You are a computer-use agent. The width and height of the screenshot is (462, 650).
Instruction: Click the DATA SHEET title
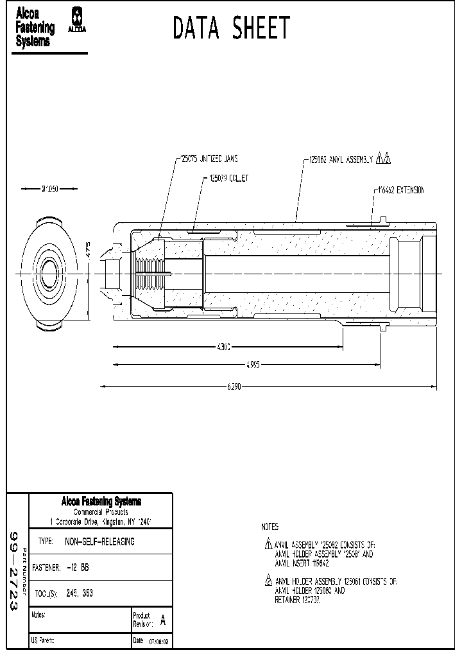232,29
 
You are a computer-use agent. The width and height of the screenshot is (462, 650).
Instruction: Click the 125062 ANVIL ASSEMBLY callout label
341,161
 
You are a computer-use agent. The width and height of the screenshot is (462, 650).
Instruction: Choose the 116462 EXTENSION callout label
399,191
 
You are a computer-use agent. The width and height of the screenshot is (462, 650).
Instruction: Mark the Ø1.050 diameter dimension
49,189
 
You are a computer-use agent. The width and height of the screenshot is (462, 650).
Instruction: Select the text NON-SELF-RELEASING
100,541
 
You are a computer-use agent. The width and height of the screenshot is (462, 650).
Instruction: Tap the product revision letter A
162,620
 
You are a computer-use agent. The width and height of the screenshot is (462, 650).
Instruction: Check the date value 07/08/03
159,642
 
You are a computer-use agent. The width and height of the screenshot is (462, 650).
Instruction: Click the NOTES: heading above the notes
270,525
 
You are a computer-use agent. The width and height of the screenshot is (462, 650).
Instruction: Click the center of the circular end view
49,274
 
